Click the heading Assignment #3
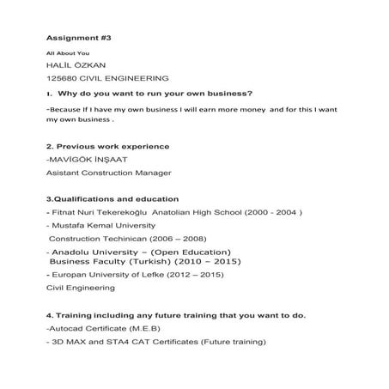point(78,39)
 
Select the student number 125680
point(60,78)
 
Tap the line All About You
point(67,53)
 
